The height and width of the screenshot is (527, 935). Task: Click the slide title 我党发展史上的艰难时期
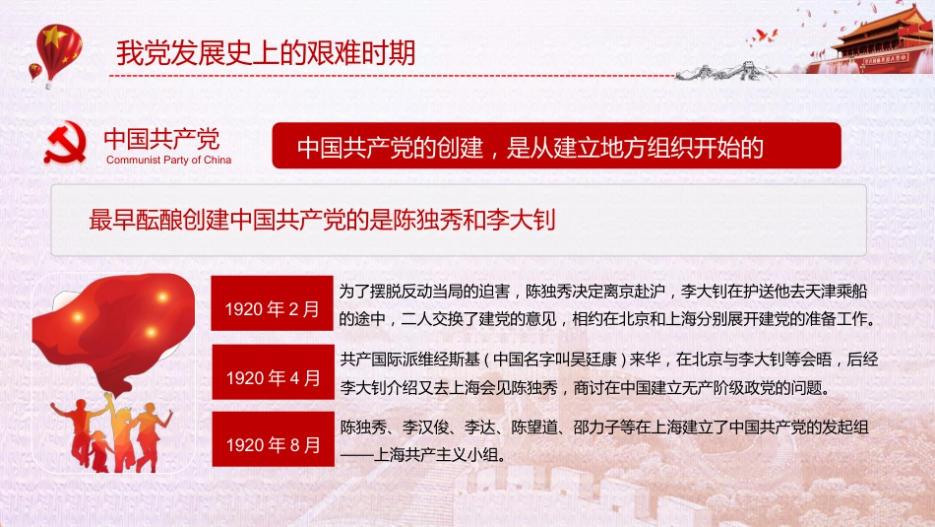click(265, 51)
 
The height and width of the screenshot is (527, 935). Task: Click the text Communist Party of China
click(168, 160)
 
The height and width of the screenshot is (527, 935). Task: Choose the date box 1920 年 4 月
click(273, 377)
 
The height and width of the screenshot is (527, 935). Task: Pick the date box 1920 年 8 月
click(273, 444)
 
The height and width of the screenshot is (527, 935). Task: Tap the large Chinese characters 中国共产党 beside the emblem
click(161, 138)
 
